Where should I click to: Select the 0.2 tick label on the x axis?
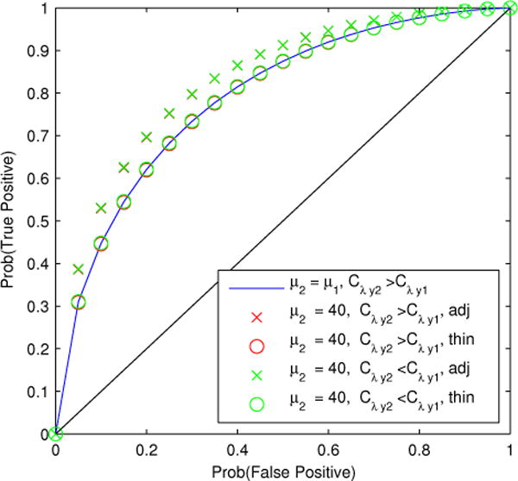pyautogui.click(x=147, y=449)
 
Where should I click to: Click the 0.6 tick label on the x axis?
pyautogui.click(x=329, y=449)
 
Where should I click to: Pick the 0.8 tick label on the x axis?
pyautogui.click(x=420, y=449)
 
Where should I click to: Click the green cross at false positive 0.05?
pyautogui.click(x=79, y=269)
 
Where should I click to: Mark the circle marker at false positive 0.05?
pyautogui.click(x=79, y=302)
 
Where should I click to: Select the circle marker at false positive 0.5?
pyautogui.click(x=283, y=62)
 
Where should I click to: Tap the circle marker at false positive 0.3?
pyautogui.click(x=193, y=122)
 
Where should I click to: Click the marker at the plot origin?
pyautogui.click(x=56, y=434)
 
